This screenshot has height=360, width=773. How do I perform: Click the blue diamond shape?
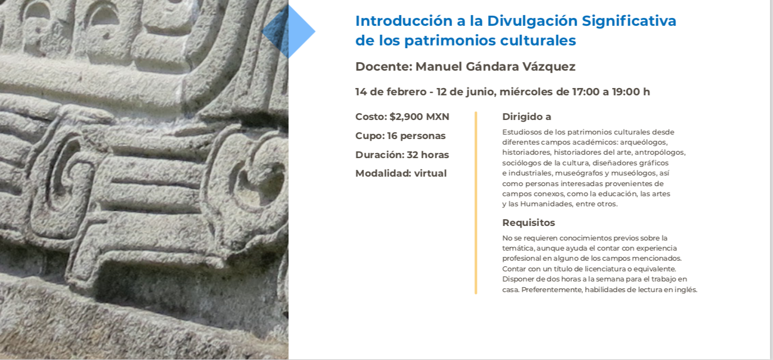click(x=288, y=31)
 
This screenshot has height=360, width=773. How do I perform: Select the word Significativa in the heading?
click(x=629, y=21)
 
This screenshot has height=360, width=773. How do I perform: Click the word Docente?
click(x=384, y=66)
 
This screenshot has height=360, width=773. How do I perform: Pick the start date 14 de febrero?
click(x=391, y=92)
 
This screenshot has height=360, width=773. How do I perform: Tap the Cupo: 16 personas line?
click(x=401, y=136)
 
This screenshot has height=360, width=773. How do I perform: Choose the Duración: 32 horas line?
click(x=402, y=154)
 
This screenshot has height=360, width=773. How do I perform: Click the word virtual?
click(x=430, y=173)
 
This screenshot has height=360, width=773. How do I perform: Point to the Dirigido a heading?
click(x=527, y=117)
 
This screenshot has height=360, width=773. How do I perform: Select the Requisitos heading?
click(x=528, y=223)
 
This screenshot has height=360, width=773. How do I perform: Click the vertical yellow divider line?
click(x=476, y=203)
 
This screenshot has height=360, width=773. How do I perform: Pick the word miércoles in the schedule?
click(x=526, y=92)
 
